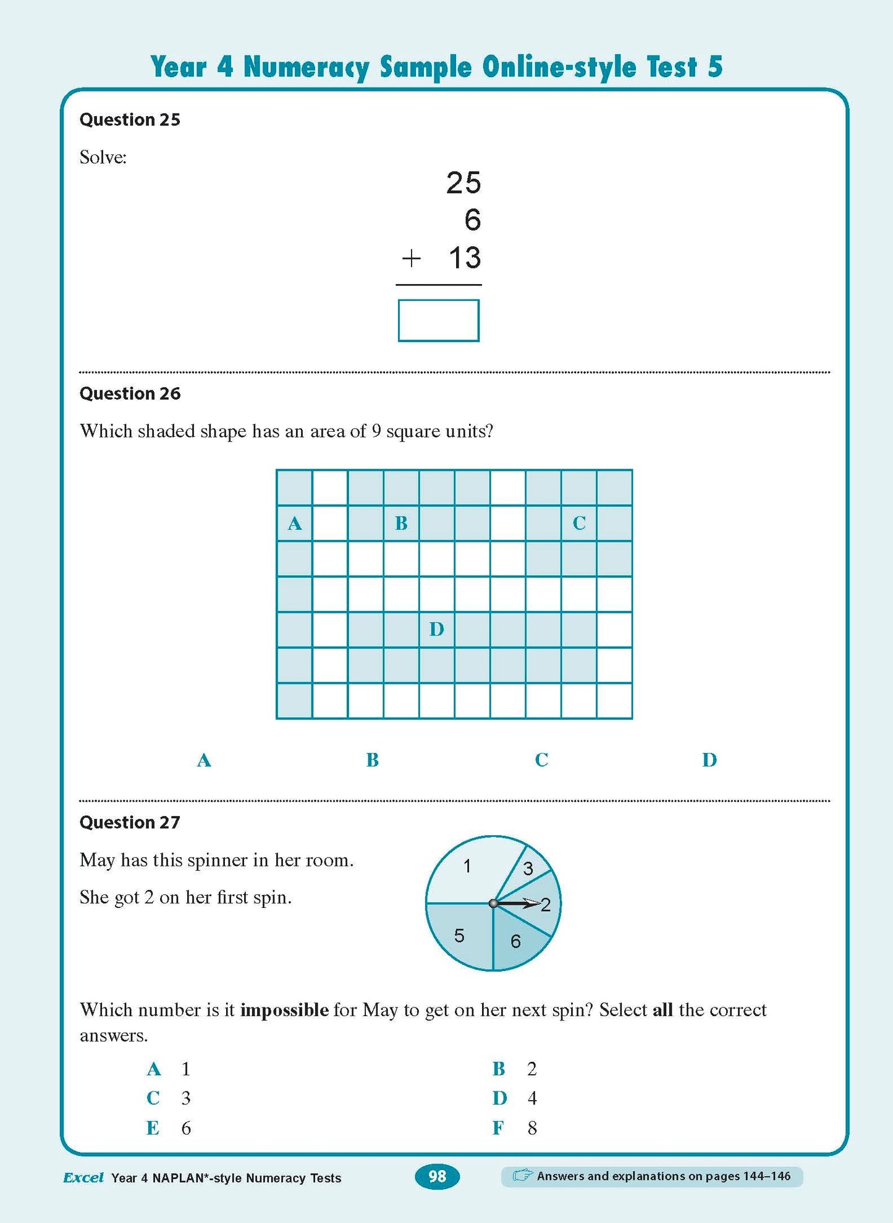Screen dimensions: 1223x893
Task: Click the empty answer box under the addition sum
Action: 438,320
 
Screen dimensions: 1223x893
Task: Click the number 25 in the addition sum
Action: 463,183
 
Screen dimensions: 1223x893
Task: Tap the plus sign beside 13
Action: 411,258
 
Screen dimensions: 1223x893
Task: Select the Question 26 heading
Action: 130,393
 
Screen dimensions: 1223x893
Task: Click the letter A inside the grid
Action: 294,524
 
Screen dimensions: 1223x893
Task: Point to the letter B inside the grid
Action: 401,523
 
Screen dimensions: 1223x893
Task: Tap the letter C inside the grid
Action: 579,523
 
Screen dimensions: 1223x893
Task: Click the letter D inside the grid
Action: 436,629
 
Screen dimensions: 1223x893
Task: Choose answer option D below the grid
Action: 709,760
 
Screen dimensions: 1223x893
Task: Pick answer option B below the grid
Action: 372,760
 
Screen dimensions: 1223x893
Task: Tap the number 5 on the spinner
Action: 459,935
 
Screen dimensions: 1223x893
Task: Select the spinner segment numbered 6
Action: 515,941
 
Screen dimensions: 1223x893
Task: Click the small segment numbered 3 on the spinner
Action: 528,868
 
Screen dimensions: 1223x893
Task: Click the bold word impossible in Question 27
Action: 284,1010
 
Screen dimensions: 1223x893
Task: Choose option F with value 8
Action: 514,1128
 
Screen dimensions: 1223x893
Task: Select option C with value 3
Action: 168,1098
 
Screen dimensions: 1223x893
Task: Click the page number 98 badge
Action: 437,1176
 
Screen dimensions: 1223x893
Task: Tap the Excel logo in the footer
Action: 83,1177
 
